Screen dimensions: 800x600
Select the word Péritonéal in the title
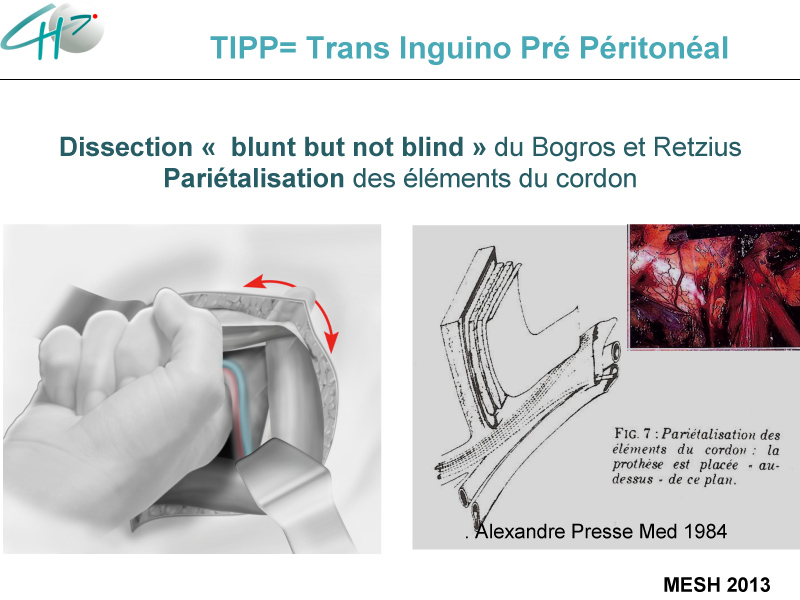click(654, 48)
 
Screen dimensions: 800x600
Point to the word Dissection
click(126, 147)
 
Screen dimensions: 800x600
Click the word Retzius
click(697, 147)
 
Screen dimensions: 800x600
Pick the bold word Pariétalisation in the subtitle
click(254, 179)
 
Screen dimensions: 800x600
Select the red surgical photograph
click(714, 286)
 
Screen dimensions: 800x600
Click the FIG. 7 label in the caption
click(633, 434)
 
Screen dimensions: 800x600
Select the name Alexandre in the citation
click(520, 532)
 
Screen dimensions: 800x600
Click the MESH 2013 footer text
click(716, 585)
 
